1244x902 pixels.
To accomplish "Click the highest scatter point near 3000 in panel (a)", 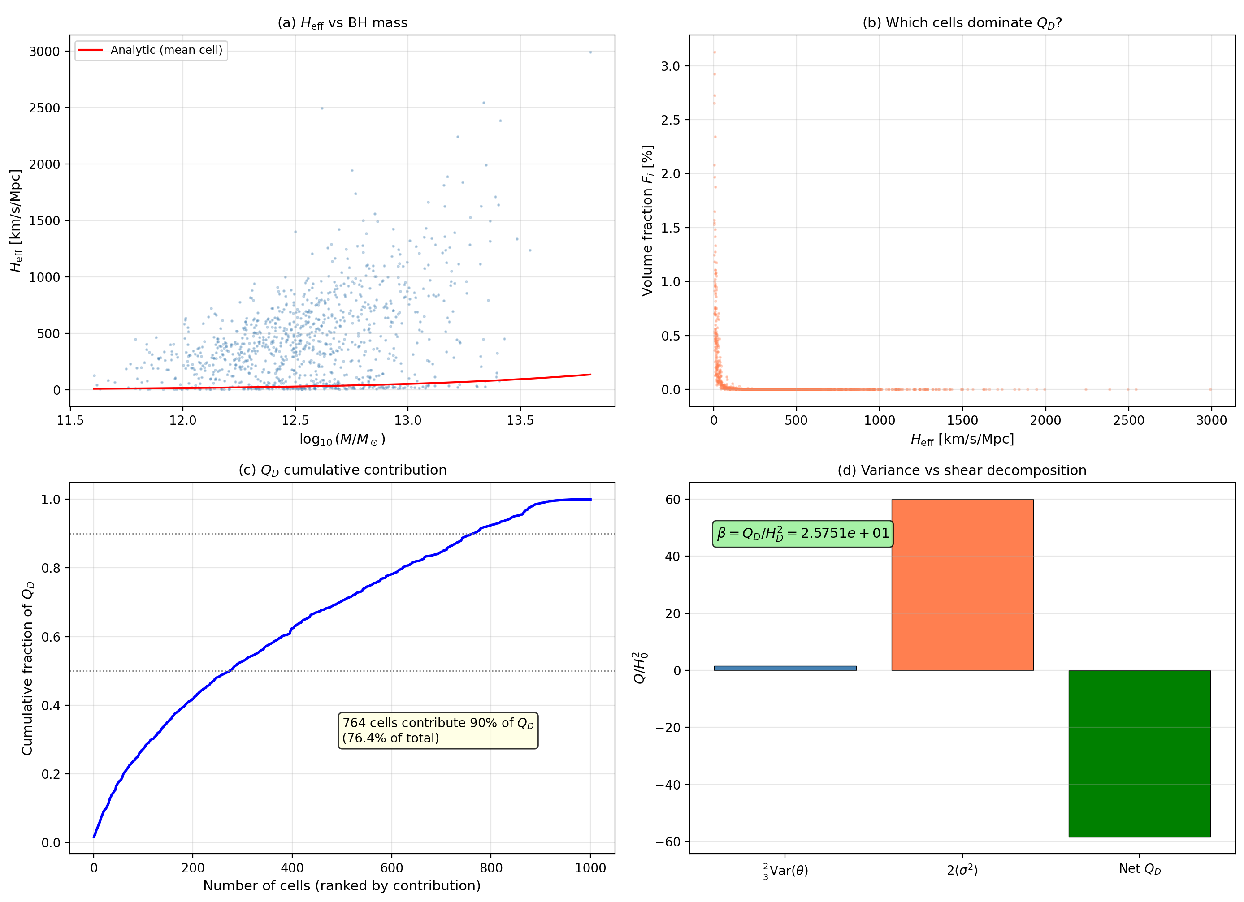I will (590, 52).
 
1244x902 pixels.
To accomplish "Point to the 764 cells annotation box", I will (438, 730).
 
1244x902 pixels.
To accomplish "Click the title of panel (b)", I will (962, 23).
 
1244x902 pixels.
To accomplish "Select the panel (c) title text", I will (342, 470).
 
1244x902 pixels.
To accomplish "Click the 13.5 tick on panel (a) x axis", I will (520, 421).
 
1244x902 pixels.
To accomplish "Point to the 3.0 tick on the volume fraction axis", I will (670, 66).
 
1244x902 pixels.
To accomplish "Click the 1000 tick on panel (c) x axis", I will (590, 868).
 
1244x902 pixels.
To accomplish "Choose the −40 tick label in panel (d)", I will (668, 785).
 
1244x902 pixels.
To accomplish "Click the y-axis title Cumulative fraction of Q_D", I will (27, 668).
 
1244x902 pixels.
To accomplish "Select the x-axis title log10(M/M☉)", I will (342, 440).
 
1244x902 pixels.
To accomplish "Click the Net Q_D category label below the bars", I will (1139, 869).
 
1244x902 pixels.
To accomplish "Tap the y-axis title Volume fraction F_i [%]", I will (648, 220).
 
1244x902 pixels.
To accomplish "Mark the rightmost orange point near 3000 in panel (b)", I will (1210, 389).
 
